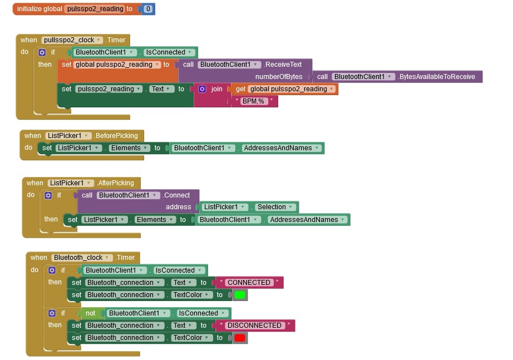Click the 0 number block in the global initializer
coord(148,9)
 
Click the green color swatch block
coord(240,295)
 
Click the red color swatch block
coord(240,338)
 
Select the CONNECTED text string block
coord(249,283)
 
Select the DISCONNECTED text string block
coord(254,326)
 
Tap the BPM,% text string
coord(254,101)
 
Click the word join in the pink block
coord(216,89)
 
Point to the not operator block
coord(90,313)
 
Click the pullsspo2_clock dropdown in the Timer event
coord(72,40)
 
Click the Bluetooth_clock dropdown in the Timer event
coord(82,258)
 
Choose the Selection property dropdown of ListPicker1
coord(275,207)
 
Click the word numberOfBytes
coord(279,77)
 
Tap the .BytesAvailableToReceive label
coord(436,77)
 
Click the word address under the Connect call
coord(178,207)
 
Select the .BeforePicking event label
coord(116,136)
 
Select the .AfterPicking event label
coord(115,183)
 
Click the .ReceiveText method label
coord(283,65)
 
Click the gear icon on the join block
coord(202,89)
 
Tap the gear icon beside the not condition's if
coord(52,313)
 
